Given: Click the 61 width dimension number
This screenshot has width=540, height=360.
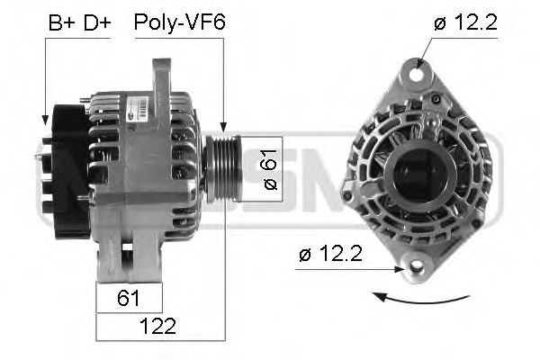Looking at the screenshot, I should tap(130, 297).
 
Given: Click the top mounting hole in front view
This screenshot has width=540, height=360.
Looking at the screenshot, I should tap(419, 67).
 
